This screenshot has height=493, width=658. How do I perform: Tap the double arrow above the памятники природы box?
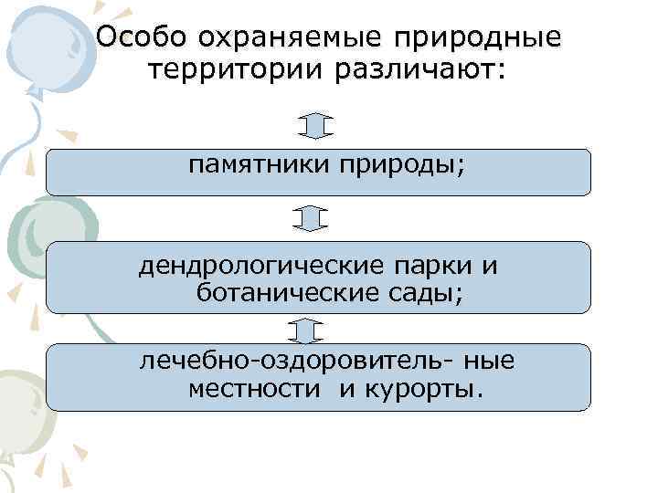pyautogui.click(x=313, y=126)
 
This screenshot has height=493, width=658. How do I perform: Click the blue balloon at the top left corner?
pyautogui.click(x=41, y=41)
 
